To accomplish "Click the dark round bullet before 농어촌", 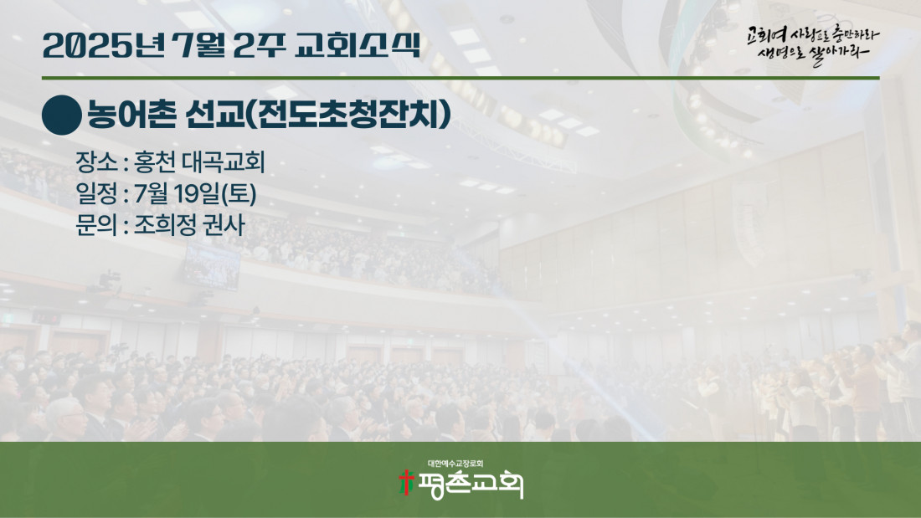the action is tap(62, 115).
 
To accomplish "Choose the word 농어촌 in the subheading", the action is tap(131, 115).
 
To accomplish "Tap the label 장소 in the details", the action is tap(97, 162).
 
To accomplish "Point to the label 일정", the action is tap(97, 194).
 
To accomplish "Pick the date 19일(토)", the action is tap(215, 194).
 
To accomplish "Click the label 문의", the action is tap(97, 225).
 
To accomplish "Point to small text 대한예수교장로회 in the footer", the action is tap(455, 464).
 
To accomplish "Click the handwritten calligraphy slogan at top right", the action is tap(813, 44).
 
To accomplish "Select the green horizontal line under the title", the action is tap(460, 78).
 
